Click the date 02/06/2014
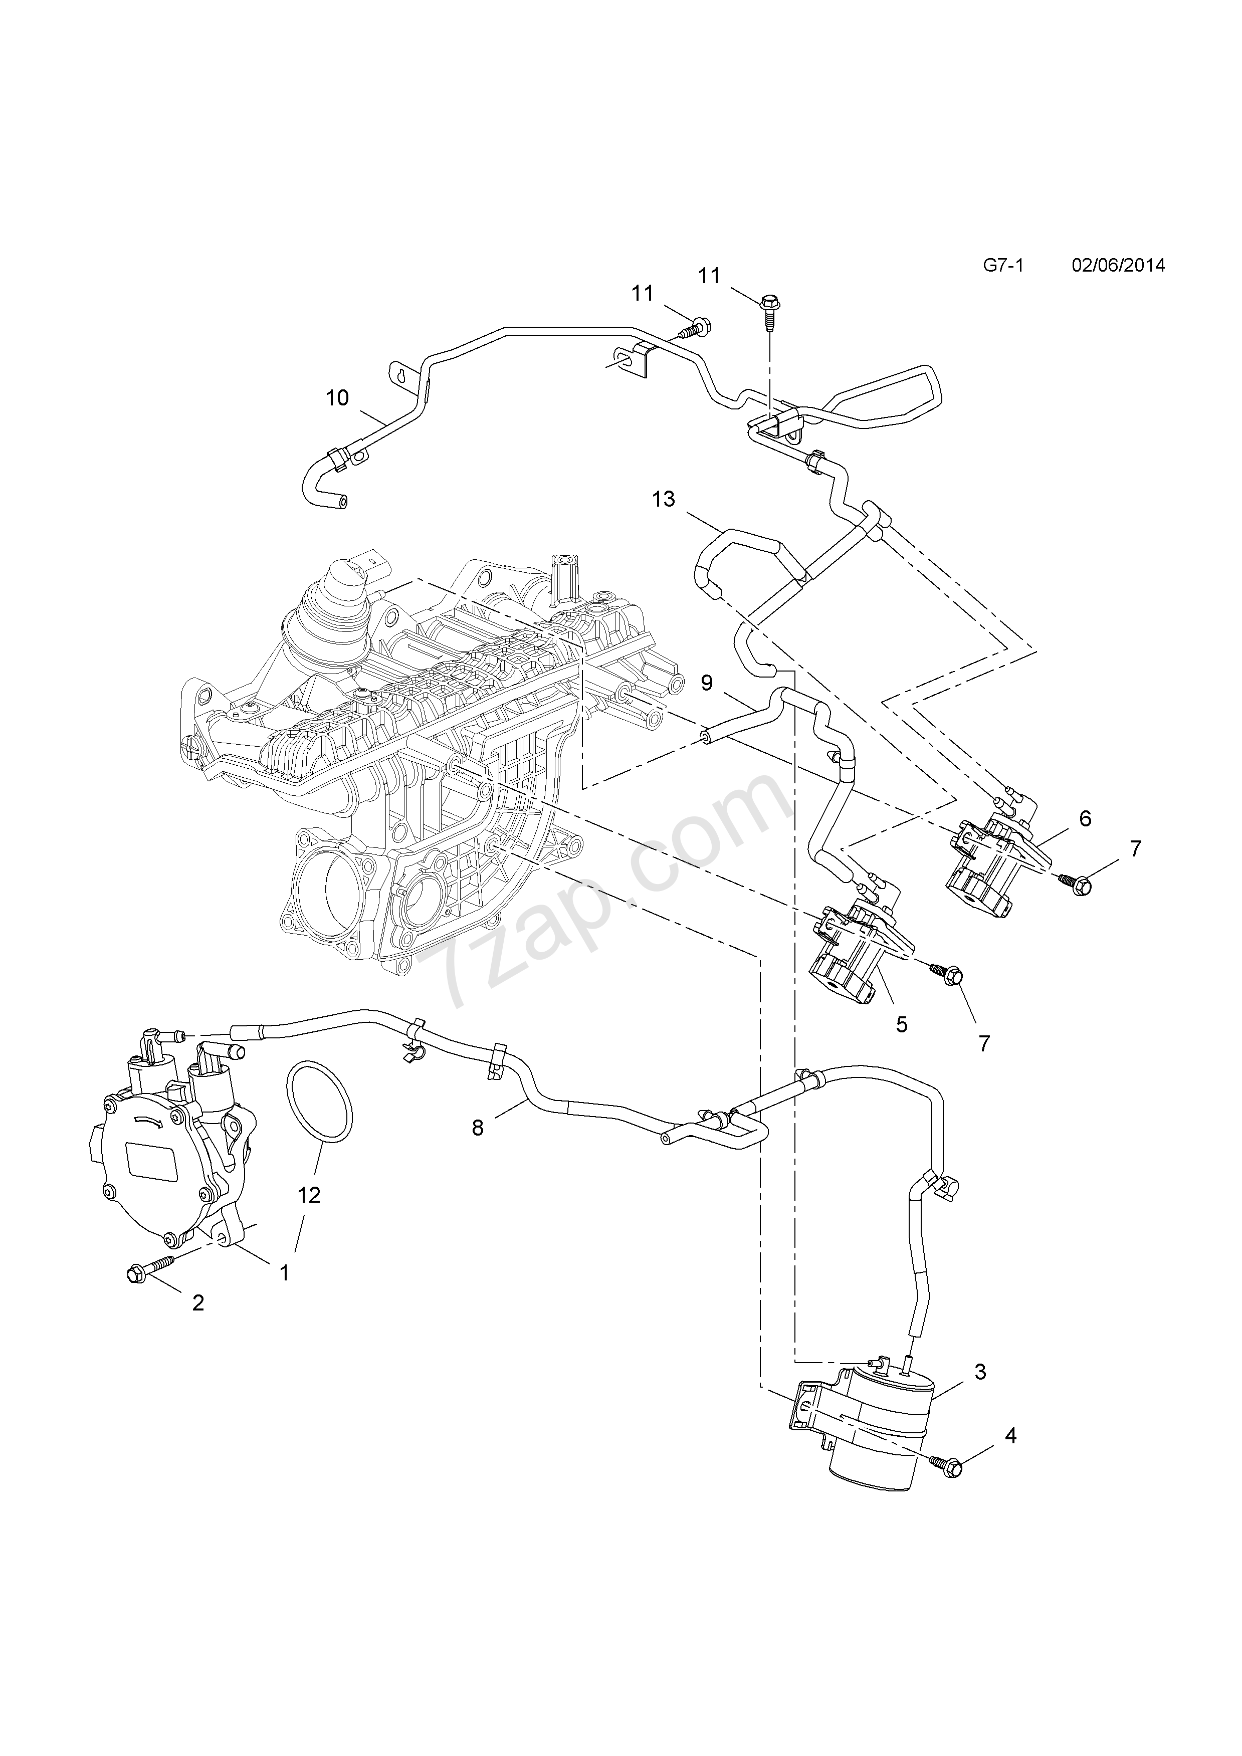pyautogui.click(x=1118, y=266)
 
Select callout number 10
pyautogui.click(x=337, y=398)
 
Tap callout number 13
pyautogui.click(x=663, y=500)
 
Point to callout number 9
pyautogui.click(x=707, y=683)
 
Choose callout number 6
pyautogui.click(x=1085, y=818)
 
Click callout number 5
pyautogui.click(x=902, y=1024)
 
